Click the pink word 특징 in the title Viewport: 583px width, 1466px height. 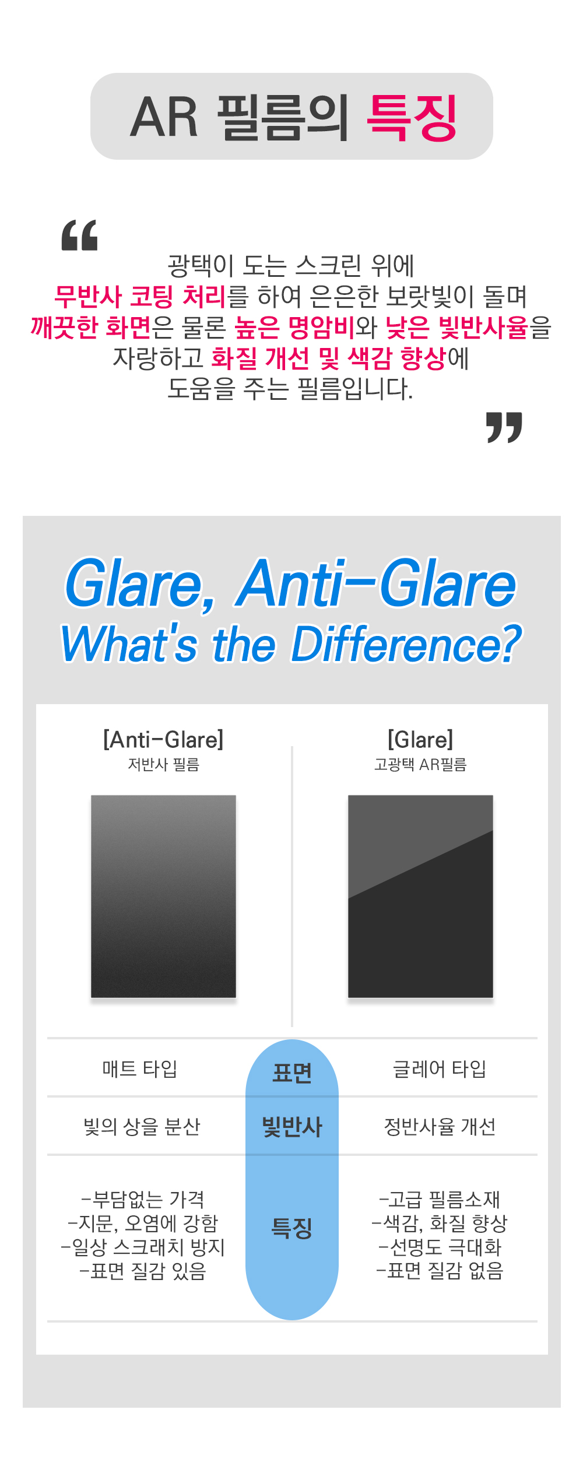(412, 117)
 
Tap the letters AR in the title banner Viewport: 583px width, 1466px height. (164, 117)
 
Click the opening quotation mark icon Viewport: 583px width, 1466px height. (79, 235)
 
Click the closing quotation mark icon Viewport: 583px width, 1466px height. (504, 427)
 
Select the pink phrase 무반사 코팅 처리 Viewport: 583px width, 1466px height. (140, 296)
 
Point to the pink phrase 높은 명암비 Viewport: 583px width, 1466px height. (294, 327)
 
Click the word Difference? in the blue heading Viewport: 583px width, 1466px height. (406, 644)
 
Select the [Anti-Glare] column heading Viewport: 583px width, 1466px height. (163, 740)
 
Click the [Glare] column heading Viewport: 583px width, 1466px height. (420, 740)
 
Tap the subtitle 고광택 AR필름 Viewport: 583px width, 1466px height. (420, 764)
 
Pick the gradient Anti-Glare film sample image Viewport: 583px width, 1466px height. (163, 897)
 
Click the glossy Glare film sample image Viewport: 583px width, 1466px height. (420, 897)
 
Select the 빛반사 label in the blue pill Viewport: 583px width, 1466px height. (292, 1127)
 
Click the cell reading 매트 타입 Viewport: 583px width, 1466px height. (140, 1068)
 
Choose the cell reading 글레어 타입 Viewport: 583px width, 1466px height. (440, 1068)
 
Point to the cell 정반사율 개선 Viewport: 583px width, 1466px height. (440, 1126)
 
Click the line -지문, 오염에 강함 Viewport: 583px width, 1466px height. (143, 1223)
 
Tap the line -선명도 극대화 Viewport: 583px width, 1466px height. (440, 1247)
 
